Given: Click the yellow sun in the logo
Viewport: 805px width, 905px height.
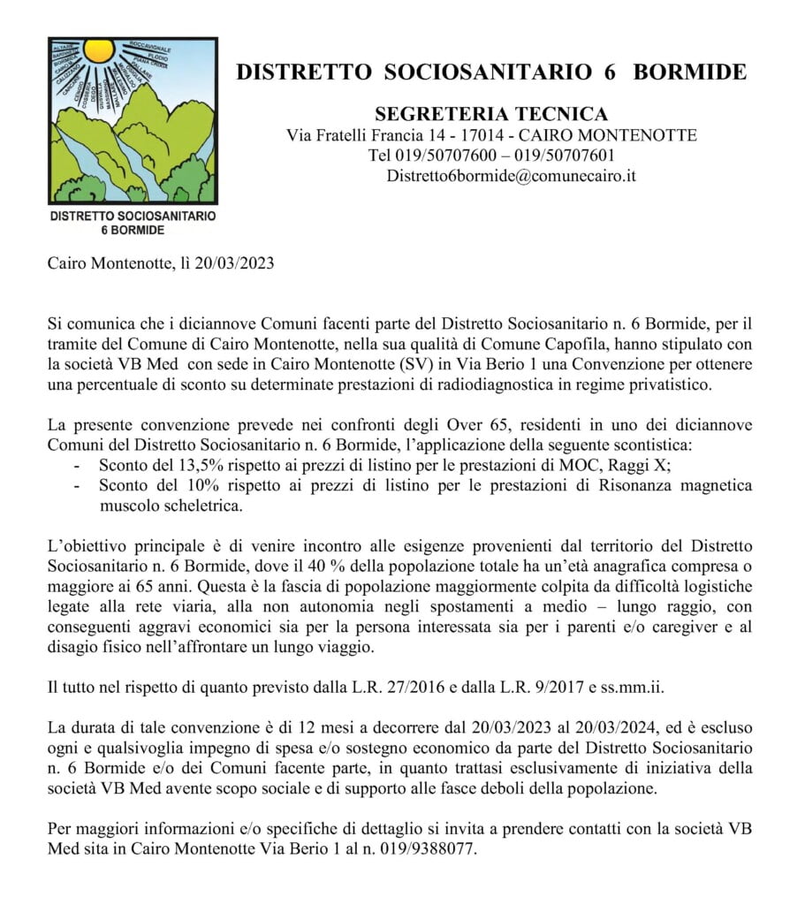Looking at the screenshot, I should coord(99,49).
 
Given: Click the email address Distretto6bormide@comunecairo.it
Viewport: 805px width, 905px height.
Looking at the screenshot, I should coord(511,175).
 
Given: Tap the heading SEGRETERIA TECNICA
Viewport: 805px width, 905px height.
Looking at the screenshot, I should coord(491,114).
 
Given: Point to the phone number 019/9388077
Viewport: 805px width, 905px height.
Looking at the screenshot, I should coord(437,846).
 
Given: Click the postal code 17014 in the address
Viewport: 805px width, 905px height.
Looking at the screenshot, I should coord(488,135).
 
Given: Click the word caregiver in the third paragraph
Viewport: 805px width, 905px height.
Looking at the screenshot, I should coord(688,627).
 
